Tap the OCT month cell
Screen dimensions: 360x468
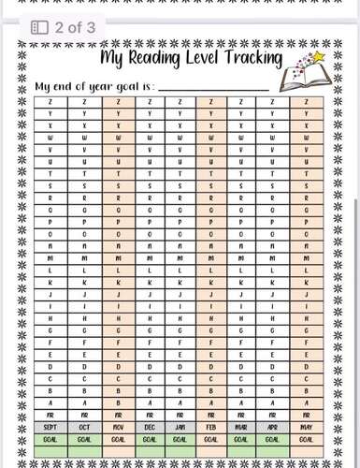click(x=85, y=425)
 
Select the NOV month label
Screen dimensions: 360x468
click(x=118, y=425)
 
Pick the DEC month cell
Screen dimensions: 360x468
click(x=150, y=425)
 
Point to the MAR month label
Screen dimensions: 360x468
click(x=242, y=425)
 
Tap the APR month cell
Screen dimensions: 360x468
click(x=273, y=425)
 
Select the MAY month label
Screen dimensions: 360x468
click(x=306, y=425)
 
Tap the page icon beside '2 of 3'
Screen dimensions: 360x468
click(x=40, y=27)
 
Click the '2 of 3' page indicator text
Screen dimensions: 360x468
click(x=75, y=27)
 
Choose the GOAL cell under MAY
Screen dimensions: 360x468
click(x=306, y=436)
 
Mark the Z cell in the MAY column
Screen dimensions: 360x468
click(x=306, y=101)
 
